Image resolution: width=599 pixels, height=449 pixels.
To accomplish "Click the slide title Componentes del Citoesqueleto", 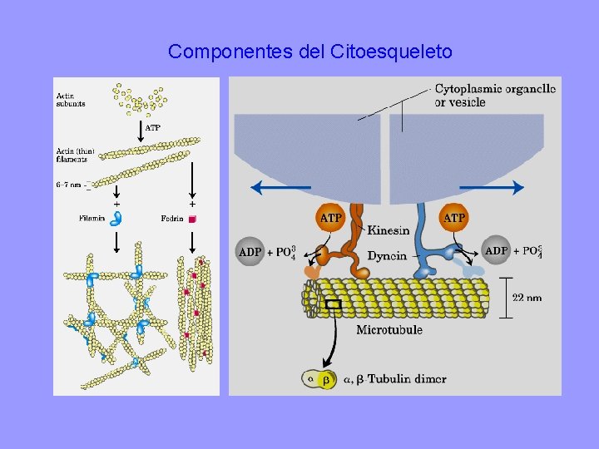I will [310, 52].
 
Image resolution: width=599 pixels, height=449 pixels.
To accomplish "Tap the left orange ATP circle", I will [330, 218].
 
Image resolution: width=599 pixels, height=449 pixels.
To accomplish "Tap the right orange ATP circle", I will [454, 218].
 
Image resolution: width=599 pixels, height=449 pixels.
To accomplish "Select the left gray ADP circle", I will [250, 252].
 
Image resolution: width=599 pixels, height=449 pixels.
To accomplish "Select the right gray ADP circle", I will [497, 250].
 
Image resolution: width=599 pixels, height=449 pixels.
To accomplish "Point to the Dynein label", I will [387, 255].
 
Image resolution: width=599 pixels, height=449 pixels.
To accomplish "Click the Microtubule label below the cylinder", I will [389, 330].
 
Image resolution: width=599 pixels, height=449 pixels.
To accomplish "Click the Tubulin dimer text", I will [408, 379].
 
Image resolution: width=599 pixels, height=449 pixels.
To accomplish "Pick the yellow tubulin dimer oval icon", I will [318, 379].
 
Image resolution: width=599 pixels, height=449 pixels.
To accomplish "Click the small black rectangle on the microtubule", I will [334, 304].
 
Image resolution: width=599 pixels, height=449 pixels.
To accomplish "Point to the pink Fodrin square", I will [192, 219].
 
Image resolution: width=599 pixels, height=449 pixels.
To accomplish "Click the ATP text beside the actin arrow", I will [153, 128].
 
